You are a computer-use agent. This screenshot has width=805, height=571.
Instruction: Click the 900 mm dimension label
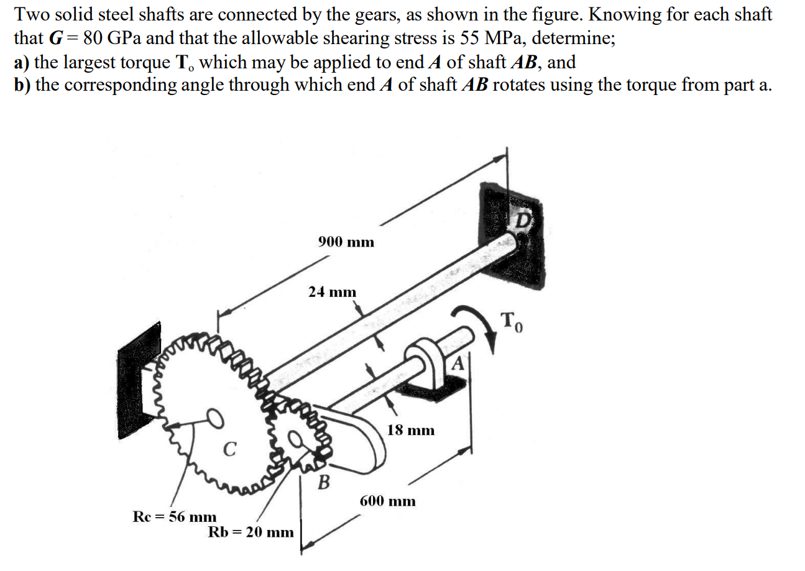point(346,242)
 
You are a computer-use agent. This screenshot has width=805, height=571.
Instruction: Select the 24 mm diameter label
point(333,292)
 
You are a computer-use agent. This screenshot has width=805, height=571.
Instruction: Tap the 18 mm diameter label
point(411,430)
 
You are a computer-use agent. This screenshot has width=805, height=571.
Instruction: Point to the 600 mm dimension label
point(388,501)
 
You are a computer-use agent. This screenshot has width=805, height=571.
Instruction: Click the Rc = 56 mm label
point(175,517)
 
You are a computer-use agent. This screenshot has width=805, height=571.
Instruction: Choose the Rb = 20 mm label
point(251,532)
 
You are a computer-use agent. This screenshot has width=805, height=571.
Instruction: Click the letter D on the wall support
point(523,220)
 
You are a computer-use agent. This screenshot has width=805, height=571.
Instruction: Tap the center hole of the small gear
point(300,442)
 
